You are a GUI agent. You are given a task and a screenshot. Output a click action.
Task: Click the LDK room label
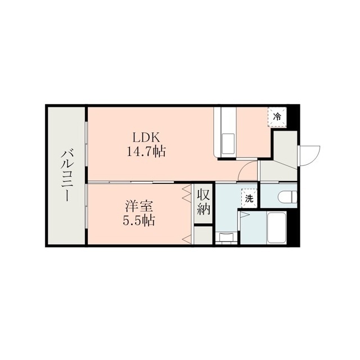coord(146,138)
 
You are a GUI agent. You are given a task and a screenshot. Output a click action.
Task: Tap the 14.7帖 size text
coord(146,151)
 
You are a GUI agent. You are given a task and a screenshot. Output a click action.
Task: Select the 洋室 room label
coord(139,206)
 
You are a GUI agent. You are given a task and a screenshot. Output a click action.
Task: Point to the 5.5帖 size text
coord(139,220)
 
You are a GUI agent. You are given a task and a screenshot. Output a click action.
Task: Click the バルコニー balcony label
coord(67,175)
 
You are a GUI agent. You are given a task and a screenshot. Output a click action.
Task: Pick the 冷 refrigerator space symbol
coord(277,117)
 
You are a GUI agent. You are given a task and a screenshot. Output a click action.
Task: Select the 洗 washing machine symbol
coord(249,199)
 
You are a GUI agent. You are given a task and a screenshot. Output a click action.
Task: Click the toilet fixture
coord(287,197)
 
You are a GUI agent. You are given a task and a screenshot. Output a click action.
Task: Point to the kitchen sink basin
coord(228,144)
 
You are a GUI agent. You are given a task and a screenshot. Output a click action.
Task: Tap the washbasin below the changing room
coord(225,237)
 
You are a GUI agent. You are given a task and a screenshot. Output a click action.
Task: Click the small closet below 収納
coord(203,235)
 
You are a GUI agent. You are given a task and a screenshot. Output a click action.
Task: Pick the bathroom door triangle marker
coord(244,214)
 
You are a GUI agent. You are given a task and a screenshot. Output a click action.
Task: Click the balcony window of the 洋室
coord(86,206)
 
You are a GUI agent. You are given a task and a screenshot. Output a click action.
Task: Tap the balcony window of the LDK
coord(86,143)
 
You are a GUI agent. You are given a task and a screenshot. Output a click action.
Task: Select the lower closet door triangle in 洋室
coord(187,238)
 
